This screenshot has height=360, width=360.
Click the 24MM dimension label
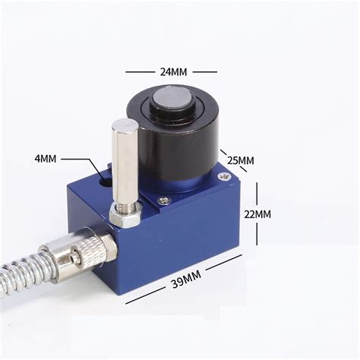172,71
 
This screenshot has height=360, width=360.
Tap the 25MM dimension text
241,160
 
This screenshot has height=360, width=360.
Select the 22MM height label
257,214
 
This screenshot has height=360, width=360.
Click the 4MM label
46,159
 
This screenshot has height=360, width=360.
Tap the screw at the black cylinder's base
164,201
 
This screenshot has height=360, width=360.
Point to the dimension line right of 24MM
204,72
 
